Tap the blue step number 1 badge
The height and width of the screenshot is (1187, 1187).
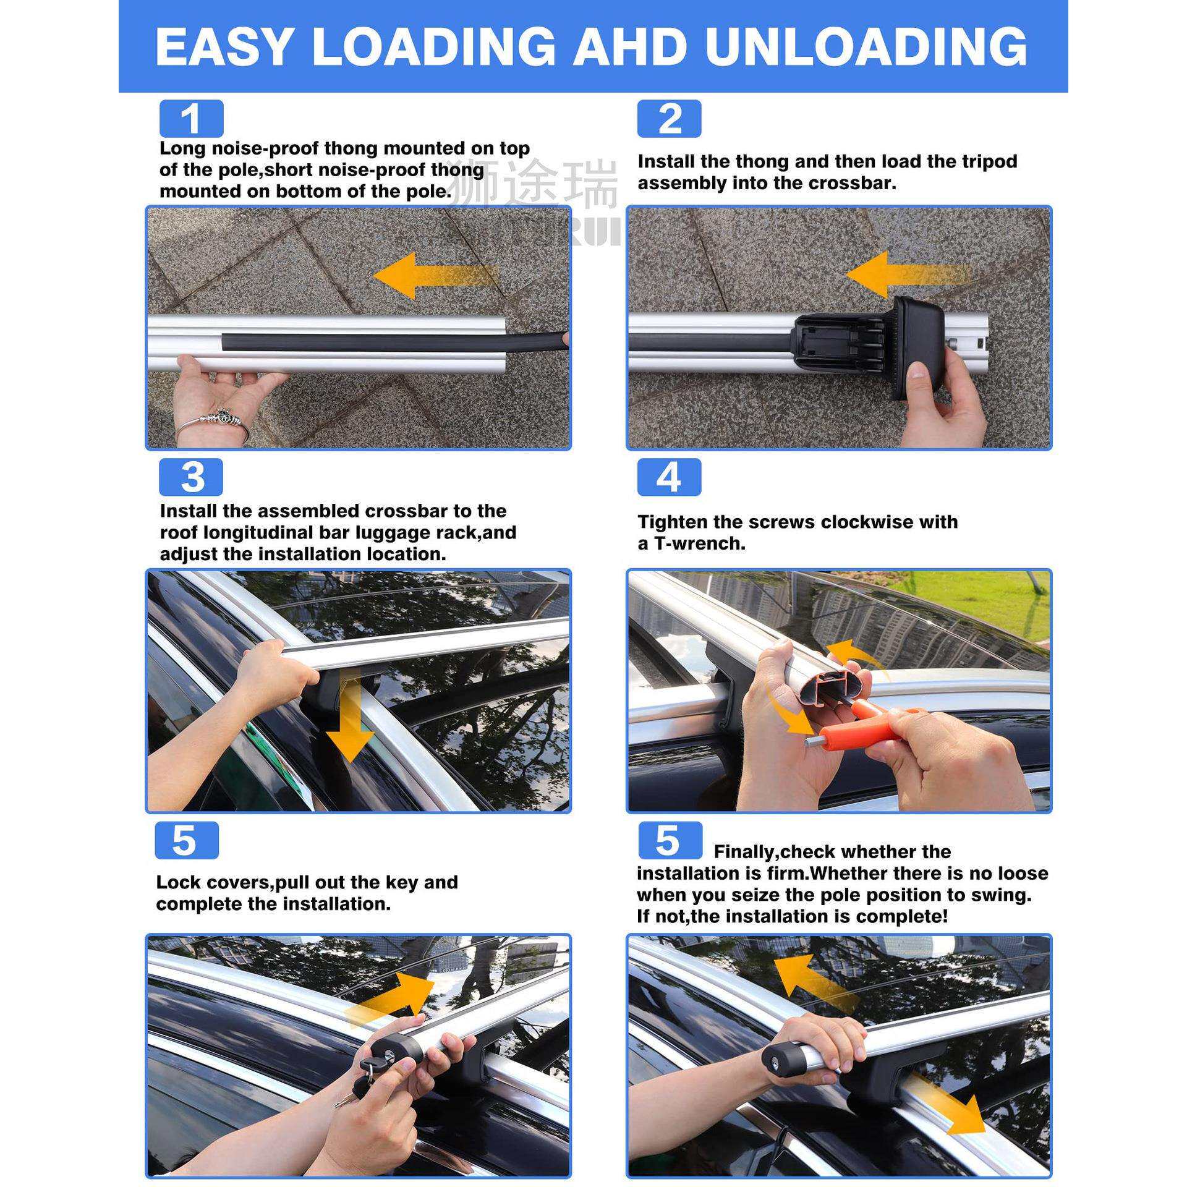click(x=191, y=119)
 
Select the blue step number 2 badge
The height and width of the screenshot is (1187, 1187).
click(x=670, y=119)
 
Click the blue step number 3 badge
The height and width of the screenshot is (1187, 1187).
click(x=191, y=477)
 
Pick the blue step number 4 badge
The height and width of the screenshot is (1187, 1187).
click(x=670, y=477)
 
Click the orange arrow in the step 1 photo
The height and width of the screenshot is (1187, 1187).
click(x=436, y=274)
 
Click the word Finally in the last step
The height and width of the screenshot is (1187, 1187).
click(x=743, y=852)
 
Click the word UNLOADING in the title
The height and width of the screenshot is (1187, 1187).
click(x=866, y=46)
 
